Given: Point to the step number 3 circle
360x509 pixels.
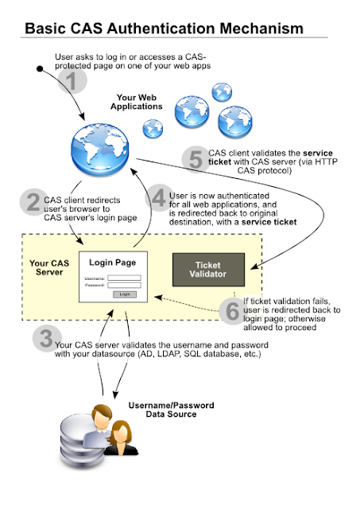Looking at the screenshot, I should tap(43, 340).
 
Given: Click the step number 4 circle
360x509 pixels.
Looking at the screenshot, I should tap(161, 197).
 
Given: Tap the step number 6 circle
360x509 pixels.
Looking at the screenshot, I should tap(231, 311).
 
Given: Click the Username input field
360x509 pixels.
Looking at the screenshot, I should tap(124, 278).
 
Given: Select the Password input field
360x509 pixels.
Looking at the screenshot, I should tap(124, 286).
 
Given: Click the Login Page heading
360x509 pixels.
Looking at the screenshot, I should tap(112, 262).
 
